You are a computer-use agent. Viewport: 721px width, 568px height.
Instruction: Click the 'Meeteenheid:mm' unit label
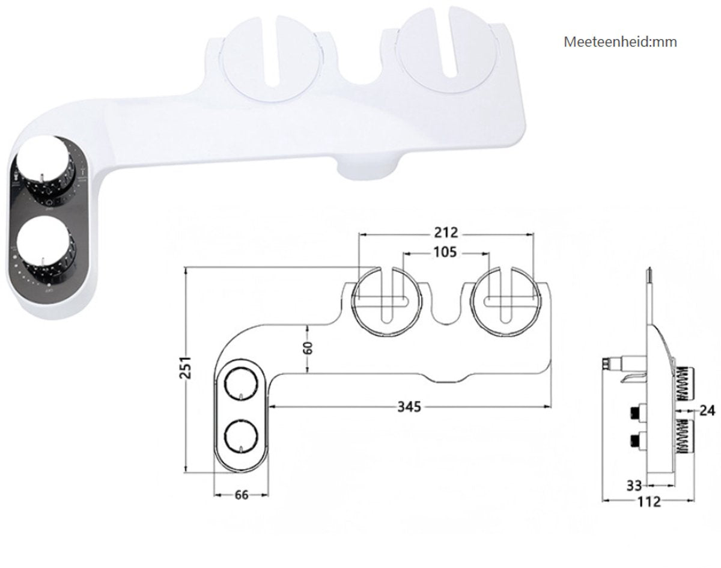[x=620, y=42]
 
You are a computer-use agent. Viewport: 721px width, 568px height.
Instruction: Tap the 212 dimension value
[x=445, y=232]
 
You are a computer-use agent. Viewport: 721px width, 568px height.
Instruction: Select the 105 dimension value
[x=445, y=252]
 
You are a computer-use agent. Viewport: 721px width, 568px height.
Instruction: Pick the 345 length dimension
[x=409, y=408]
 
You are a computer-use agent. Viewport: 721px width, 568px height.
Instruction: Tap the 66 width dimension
[x=240, y=495]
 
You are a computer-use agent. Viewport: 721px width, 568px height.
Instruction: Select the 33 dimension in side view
[x=634, y=484]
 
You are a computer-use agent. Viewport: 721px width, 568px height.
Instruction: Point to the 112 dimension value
[x=648, y=501]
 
